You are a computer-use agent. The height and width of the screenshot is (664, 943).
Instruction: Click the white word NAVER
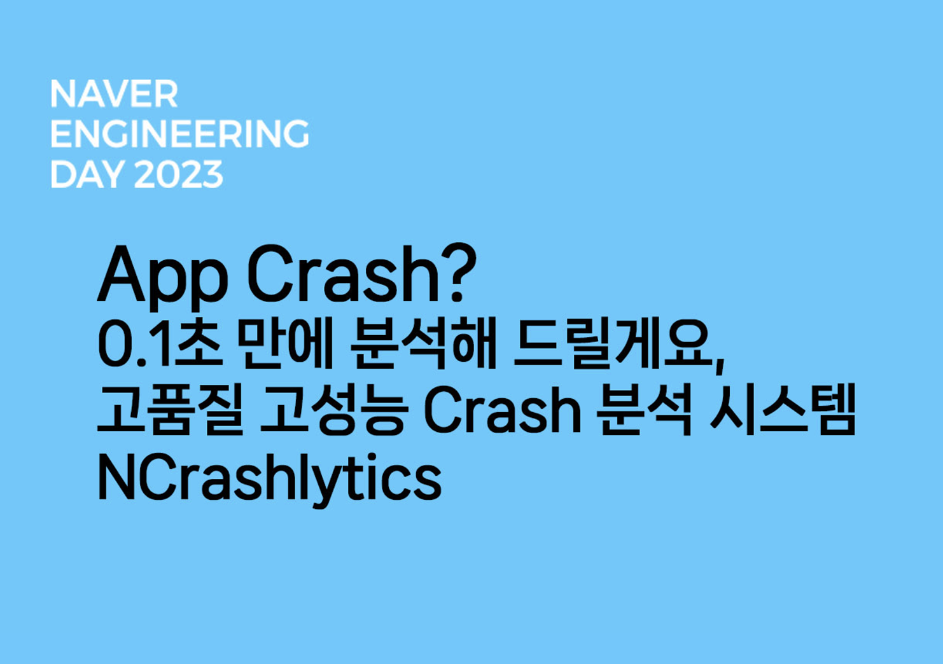(114, 94)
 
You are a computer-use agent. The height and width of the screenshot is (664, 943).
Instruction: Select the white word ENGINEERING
(179, 134)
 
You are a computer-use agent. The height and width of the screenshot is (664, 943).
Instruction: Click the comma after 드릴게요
(720, 363)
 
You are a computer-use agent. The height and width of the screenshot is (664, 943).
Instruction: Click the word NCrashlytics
(269, 478)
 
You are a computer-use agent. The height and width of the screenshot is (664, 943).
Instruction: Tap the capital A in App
(122, 274)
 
